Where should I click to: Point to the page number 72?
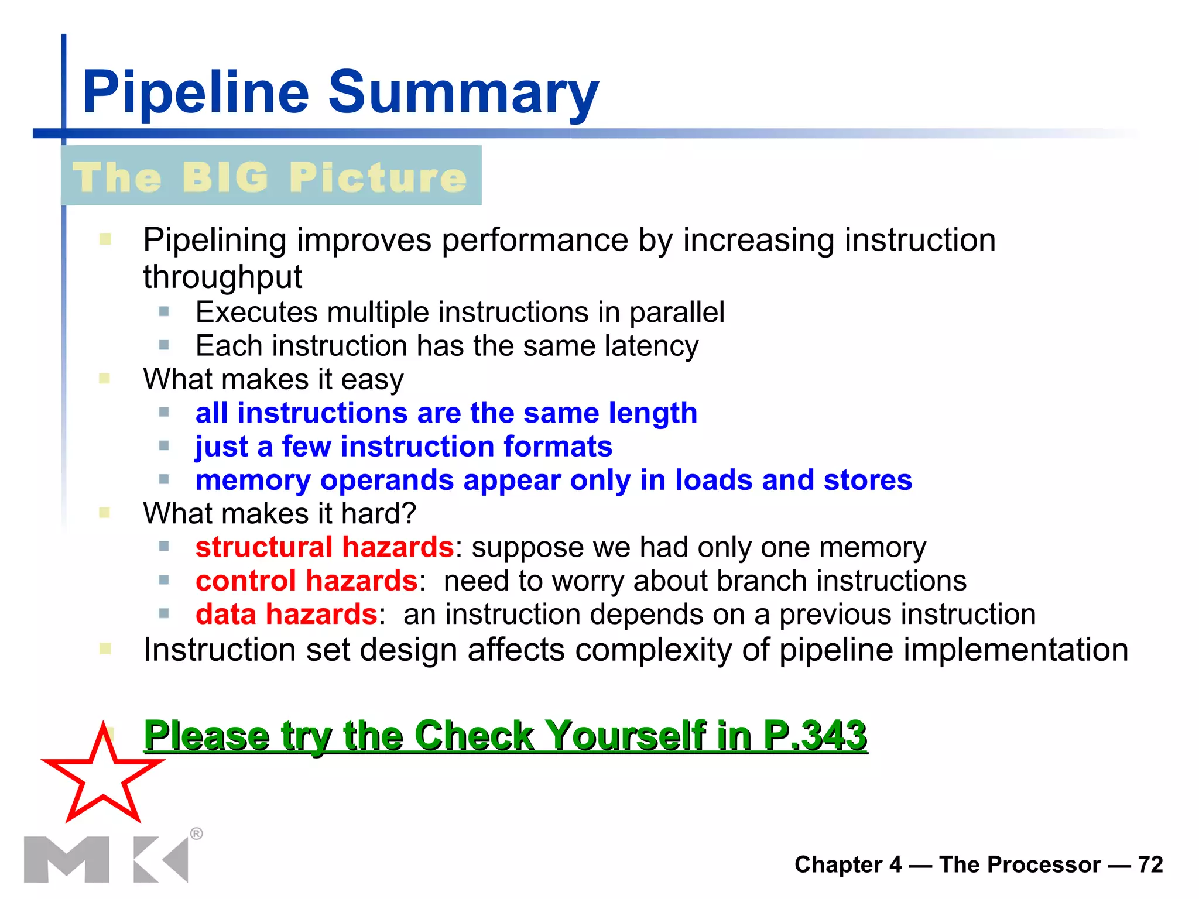click(1150, 864)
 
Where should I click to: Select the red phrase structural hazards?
click(324, 547)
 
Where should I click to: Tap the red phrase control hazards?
click(306, 581)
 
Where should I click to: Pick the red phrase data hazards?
click(286, 615)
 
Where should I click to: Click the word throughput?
click(222, 276)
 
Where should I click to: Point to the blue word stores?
click(868, 480)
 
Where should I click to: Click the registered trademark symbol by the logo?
click(197, 833)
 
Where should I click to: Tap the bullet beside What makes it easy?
click(105, 379)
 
